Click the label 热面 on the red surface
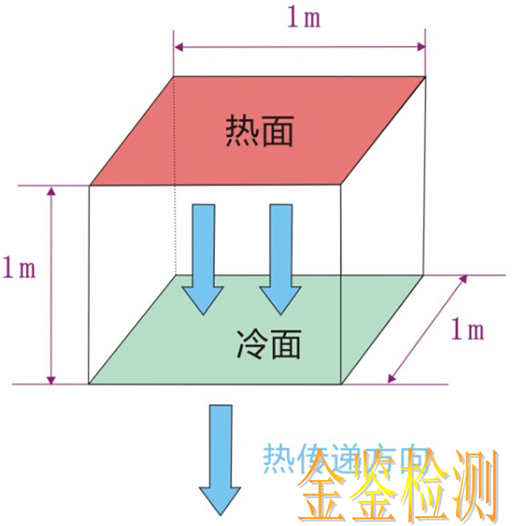259,131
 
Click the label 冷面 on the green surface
269,344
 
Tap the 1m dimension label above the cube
303,18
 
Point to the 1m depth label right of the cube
468,330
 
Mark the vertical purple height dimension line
52,285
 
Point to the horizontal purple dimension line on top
300,47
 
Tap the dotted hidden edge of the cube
175,233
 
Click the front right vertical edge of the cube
341,285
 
